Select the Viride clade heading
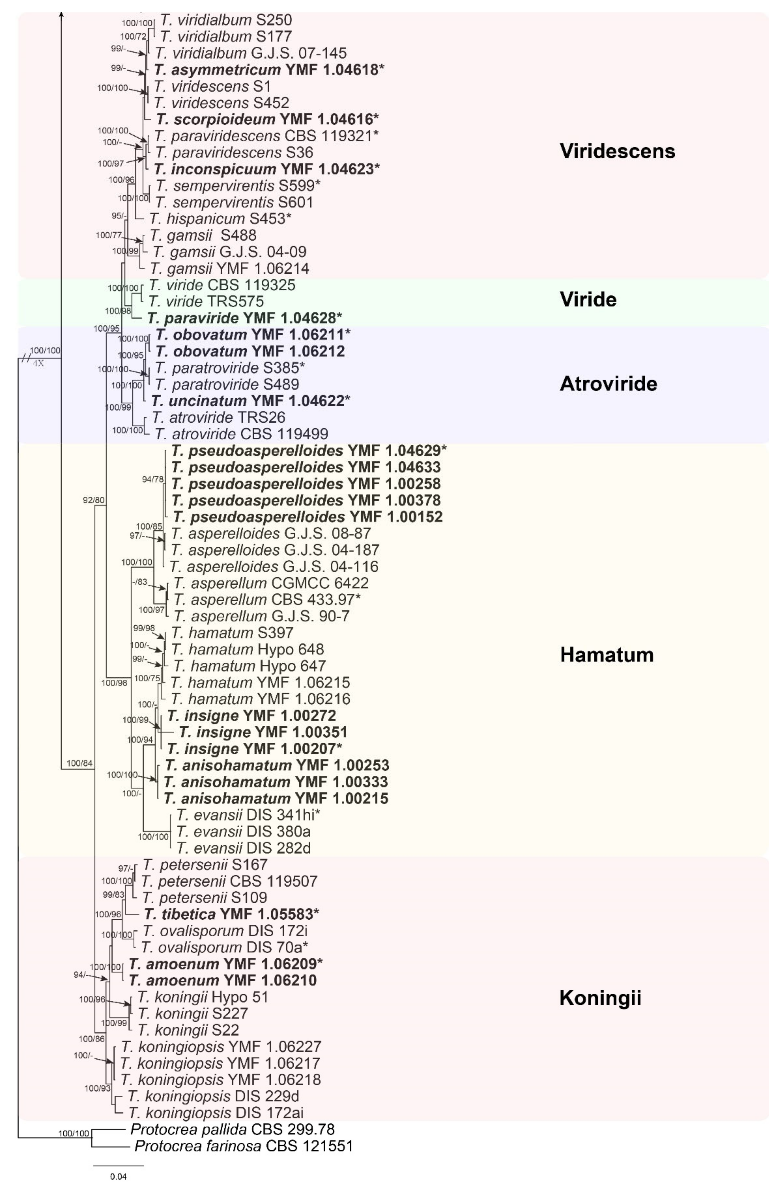[x=588, y=299]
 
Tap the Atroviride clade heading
[x=608, y=384]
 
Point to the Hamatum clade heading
[x=607, y=655]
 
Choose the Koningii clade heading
[x=600, y=998]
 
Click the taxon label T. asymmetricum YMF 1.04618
[x=269, y=69]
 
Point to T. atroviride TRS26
[x=219, y=417]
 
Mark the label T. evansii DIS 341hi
[x=248, y=815]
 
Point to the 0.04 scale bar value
[x=118, y=1177]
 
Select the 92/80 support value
[x=94, y=499]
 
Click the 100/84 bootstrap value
[x=80, y=763]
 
